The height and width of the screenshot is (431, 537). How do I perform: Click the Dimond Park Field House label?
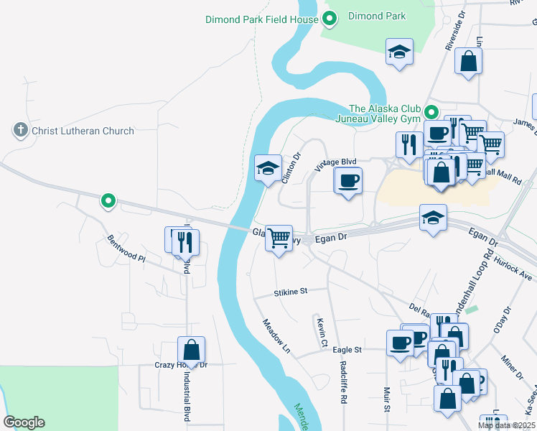coord(261,19)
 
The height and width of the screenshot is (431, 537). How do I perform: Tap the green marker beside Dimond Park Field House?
coord(330,19)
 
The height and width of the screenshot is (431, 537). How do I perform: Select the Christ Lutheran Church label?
coord(83,131)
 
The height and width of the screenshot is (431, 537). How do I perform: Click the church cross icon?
coord(20,130)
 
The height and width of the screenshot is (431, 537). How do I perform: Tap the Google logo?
coord(24,422)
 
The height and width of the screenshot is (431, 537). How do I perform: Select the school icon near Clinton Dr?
coord(268,168)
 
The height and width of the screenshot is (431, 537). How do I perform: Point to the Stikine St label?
coord(290,292)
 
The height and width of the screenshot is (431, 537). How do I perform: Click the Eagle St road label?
coord(347,350)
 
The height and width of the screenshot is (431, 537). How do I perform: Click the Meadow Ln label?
coord(276,336)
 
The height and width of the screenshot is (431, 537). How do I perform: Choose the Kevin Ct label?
coord(321,332)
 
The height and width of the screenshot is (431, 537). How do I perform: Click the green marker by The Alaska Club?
coord(431,112)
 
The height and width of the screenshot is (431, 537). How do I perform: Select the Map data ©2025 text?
coord(507,425)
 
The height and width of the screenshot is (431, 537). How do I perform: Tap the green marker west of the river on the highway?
coord(108,201)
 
